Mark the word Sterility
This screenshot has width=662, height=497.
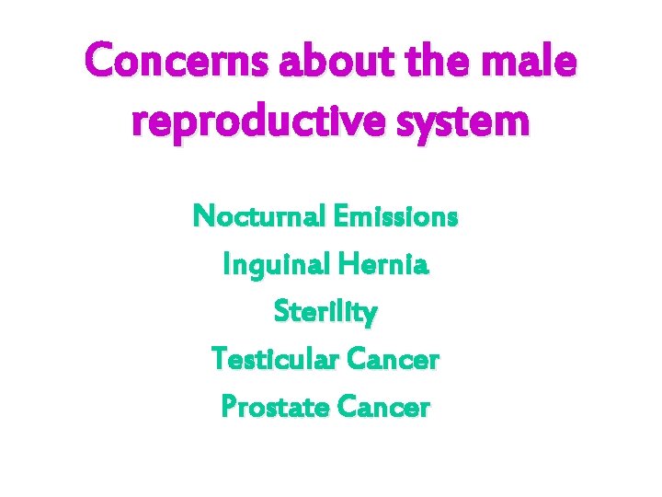click(x=325, y=313)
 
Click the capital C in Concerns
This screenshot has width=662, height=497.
click(x=99, y=64)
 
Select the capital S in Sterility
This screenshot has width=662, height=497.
click(x=281, y=313)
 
